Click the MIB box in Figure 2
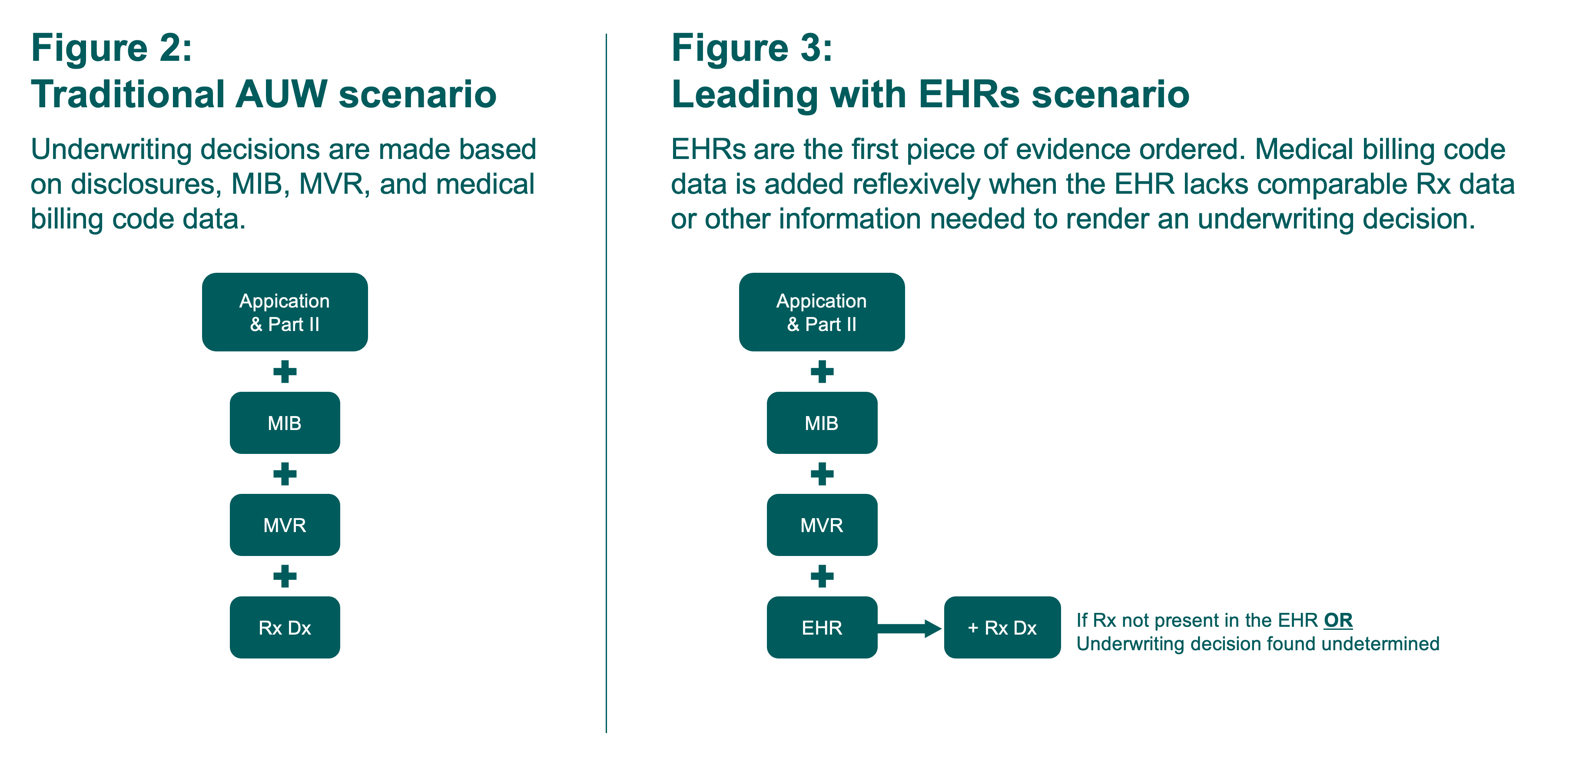(285, 423)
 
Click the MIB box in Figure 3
(821, 423)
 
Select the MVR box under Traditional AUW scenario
(285, 525)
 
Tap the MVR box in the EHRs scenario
(821, 525)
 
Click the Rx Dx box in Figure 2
(285, 627)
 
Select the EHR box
(821, 627)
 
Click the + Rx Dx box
(1002, 627)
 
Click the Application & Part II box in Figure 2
(285, 312)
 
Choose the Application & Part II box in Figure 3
(821, 312)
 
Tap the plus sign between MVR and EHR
(821, 576)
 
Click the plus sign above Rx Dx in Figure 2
(285, 576)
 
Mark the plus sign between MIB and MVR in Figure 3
(821, 473)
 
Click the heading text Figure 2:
(112, 48)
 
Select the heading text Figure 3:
(752, 48)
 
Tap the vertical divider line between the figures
(606, 380)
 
